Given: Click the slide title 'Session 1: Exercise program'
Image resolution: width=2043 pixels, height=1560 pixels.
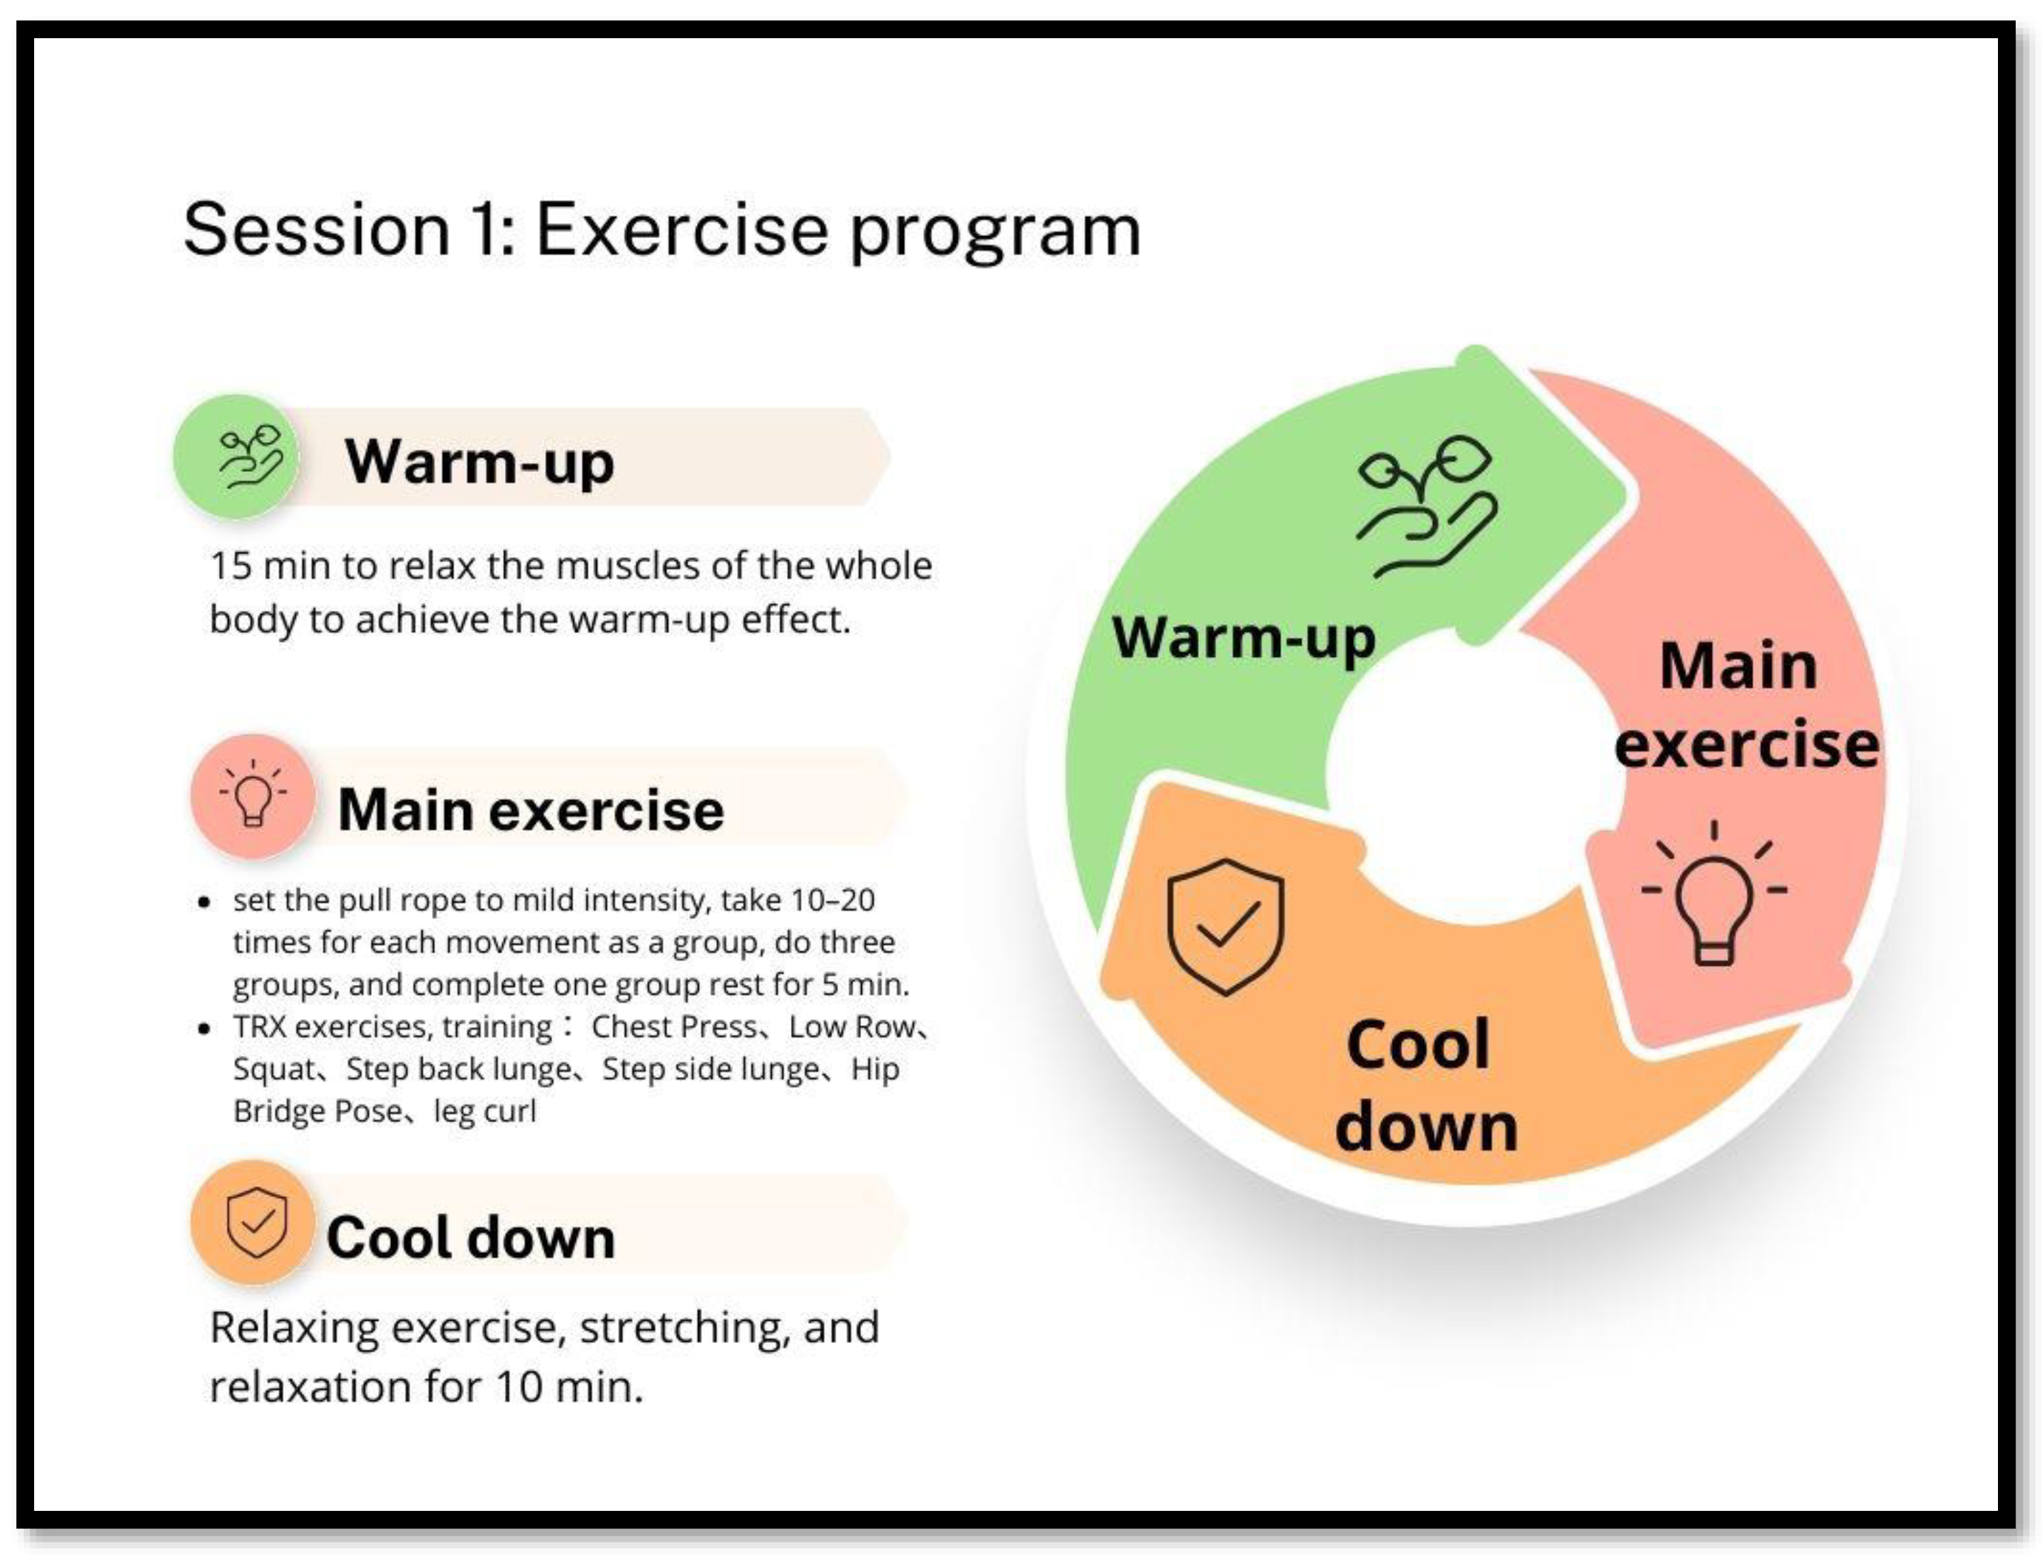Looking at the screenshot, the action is point(661,231).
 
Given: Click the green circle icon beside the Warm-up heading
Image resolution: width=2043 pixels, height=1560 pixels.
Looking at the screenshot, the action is point(236,455).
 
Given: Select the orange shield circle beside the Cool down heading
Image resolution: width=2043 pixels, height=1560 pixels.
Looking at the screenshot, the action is point(252,1221).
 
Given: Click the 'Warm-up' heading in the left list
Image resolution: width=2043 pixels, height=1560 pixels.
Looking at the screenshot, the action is point(479,462).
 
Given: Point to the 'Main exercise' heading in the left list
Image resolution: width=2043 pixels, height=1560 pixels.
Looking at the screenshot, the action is point(530,810).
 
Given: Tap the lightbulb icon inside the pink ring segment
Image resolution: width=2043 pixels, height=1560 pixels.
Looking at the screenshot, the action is point(1714,894).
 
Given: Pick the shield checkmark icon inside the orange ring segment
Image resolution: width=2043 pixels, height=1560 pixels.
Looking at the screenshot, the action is point(1226,927).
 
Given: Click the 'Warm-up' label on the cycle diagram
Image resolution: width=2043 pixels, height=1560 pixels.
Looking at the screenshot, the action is point(1243,638).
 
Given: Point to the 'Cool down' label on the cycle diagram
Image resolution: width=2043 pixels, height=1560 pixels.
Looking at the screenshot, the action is point(1426,1085).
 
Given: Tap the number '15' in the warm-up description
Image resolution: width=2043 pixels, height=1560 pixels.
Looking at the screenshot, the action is point(231,565).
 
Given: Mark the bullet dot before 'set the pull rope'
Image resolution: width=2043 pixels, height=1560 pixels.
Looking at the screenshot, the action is point(204,900).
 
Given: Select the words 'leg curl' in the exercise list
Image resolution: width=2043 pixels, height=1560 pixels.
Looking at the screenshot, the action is point(484,1110).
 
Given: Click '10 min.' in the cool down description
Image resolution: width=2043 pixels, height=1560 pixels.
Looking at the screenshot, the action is point(569,1386).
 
